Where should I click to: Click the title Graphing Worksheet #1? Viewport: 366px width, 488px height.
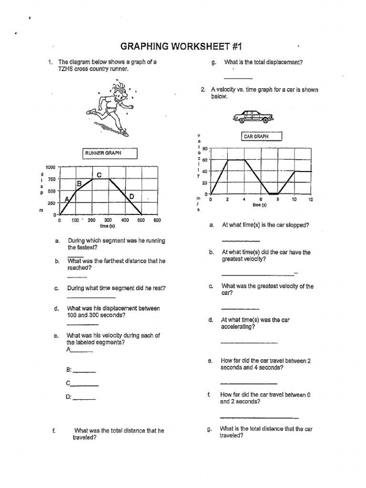point(183,46)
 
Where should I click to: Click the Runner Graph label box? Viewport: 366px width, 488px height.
point(110,153)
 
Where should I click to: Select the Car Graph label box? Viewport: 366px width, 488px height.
point(262,137)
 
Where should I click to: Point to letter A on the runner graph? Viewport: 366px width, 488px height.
point(67,198)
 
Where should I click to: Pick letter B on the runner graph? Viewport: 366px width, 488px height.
point(80,183)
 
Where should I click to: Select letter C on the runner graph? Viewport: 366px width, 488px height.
point(99,175)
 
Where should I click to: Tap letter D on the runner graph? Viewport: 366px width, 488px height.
point(132,196)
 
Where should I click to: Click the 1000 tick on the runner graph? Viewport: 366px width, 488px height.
point(51,167)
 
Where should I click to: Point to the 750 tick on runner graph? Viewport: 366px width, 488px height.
point(51,179)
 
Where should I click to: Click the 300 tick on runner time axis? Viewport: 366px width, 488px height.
point(108,221)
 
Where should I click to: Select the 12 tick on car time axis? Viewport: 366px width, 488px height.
point(311,200)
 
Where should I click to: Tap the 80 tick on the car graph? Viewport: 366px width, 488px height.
point(205,148)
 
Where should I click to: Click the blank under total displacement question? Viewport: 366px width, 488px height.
point(238,78)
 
